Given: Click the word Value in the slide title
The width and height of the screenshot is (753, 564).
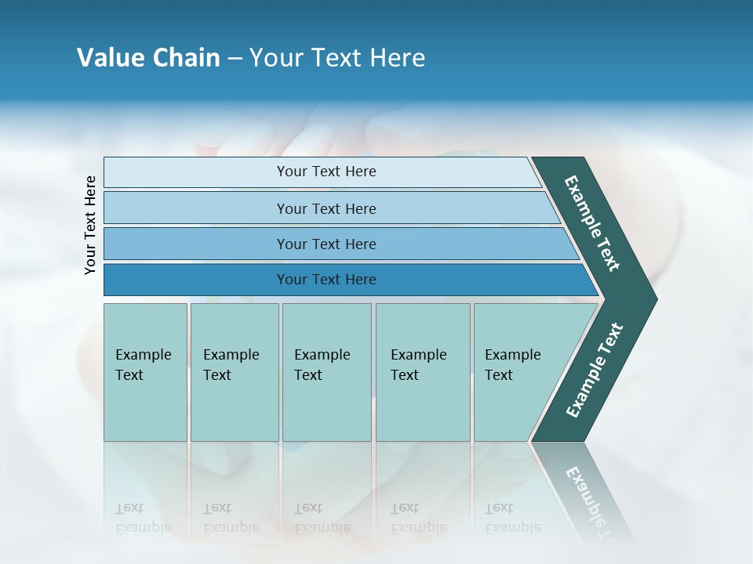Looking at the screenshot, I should pyautogui.click(x=111, y=58).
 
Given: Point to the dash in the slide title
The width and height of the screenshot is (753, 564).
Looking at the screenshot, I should pyautogui.click(x=235, y=59).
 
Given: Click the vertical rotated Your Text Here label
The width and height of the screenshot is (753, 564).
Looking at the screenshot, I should pyautogui.click(x=91, y=225).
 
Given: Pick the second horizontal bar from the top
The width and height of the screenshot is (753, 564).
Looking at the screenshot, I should pyautogui.click(x=326, y=208).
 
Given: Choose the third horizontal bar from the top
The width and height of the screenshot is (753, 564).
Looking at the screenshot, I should pyautogui.click(x=326, y=244).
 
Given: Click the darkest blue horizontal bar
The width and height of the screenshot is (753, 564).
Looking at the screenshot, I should pyautogui.click(x=326, y=280).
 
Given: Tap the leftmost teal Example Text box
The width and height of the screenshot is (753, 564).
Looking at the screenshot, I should pyautogui.click(x=145, y=371).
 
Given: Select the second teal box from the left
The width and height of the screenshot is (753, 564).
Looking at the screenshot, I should pyautogui.click(x=234, y=371).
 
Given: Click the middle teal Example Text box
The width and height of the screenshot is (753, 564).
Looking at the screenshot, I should pyautogui.click(x=326, y=371).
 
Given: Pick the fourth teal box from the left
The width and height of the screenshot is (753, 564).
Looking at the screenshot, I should pyautogui.click(x=422, y=371).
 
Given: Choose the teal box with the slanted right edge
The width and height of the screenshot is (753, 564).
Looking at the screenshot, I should pyautogui.click(x=518, y=371).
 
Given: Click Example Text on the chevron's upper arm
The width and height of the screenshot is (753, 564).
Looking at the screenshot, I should pyautogui.click(x=592, y=223).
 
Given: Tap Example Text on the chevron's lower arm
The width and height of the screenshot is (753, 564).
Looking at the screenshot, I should pyautogui.click(x=594, y=371).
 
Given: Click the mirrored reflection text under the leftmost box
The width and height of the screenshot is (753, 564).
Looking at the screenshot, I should pyautogui.click(x=143, y=518).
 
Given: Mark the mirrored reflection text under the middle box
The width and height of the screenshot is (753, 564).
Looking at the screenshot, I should pyautogui.click(x=322, y=518).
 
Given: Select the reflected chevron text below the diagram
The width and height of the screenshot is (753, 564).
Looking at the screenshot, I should pyautogui.click(x=594, y=501).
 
